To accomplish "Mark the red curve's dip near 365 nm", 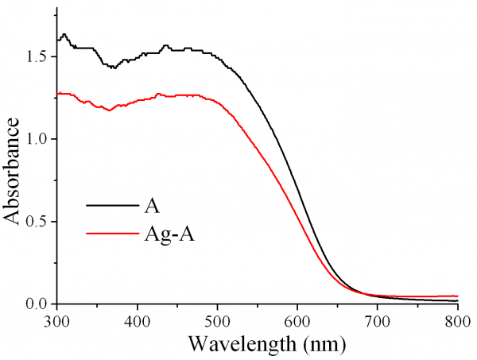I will pos(109,110).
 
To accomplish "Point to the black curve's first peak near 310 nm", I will pos(64,34).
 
